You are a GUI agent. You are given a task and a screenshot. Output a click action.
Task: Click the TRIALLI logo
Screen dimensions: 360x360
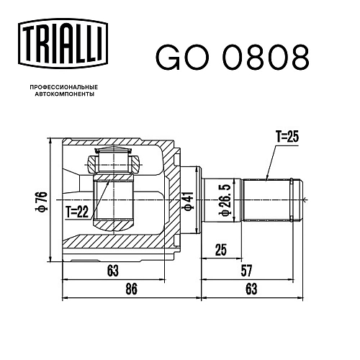point(63,43)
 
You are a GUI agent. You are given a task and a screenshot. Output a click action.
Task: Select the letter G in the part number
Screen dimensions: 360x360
point(168,57)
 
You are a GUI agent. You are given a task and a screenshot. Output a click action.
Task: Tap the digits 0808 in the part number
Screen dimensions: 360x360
point(266,57)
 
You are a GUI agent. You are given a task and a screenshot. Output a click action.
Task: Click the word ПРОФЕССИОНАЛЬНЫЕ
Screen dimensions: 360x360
point(64,87)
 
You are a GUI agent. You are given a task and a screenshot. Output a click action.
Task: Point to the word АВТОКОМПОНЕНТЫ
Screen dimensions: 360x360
point(65,94)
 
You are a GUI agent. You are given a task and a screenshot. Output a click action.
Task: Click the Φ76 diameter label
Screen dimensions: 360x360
point(41,202)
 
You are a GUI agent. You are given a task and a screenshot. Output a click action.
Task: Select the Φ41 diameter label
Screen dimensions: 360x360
point(189,202)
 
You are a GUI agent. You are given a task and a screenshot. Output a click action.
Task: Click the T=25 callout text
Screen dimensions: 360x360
point(287,137)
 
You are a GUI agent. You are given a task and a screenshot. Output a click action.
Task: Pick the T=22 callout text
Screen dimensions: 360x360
point(77,212)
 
